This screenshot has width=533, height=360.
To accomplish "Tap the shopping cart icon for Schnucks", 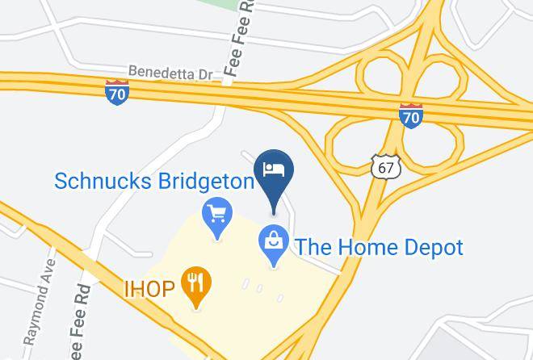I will (216, 214).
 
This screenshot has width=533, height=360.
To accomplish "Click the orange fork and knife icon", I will (195, 283).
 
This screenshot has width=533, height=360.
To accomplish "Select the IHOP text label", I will (149, 287).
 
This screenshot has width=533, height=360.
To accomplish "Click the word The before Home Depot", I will (313, 247).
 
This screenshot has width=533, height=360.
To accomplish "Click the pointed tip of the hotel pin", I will (274, 212).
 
